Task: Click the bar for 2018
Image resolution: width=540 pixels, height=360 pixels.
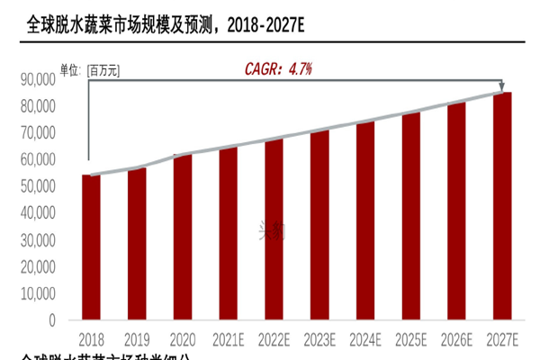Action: (x=91, y=247)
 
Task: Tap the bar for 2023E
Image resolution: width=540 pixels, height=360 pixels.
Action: (x=319, y=225)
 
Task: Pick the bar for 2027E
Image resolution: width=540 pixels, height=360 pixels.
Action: (x=502, y=206)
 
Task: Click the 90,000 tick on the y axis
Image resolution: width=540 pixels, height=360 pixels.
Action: (x=38, y=79)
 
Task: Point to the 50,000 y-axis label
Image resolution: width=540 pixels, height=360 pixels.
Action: (x=38, y=186)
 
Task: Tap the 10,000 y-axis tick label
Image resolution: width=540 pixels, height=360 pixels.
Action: (x=38, y=293)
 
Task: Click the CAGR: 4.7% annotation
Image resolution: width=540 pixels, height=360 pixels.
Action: (x=279, y=68)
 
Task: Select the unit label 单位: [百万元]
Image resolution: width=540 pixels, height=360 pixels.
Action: (x=90, y=68)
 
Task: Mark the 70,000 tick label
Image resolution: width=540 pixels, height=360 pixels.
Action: (x=38, y=133)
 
